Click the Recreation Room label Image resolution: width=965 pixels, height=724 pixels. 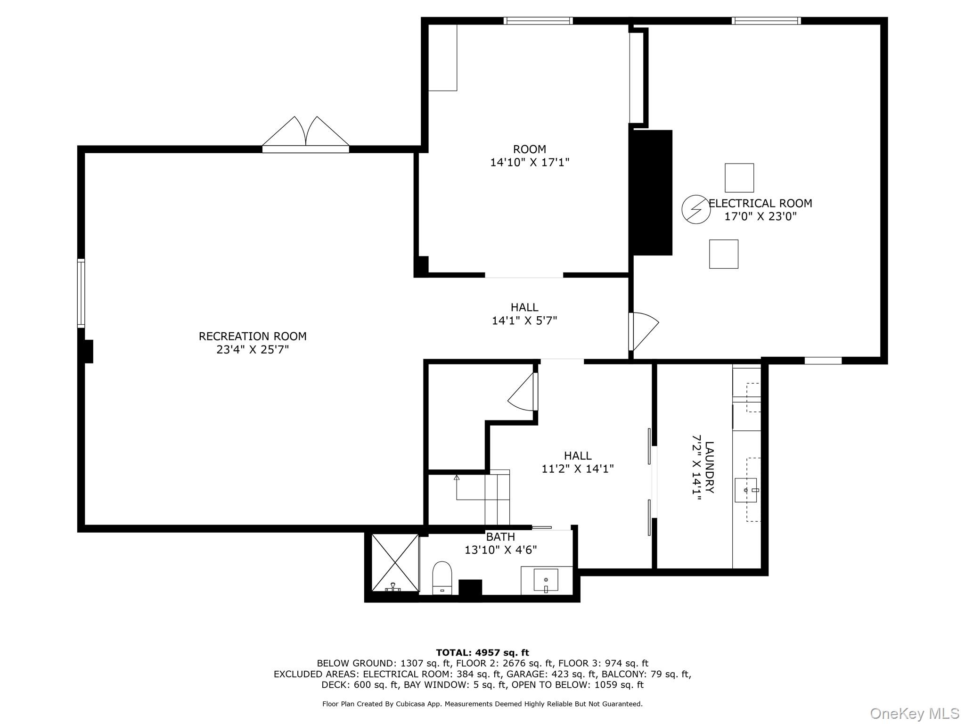(253, 337)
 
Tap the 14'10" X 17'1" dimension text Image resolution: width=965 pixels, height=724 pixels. (530, 163)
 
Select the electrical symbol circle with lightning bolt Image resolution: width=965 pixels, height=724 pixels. (696, 209)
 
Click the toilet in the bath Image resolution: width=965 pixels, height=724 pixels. (442, 577)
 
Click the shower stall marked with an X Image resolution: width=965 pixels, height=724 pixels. (395, 563)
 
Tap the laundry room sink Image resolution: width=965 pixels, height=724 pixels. (746, 490)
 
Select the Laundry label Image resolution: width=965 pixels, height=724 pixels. (709, 467)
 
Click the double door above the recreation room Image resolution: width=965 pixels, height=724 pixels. (306, 134)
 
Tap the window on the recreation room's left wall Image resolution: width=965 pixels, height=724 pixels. (81, 293)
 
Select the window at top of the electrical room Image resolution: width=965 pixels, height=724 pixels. (766, 21)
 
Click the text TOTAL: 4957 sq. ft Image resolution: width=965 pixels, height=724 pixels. (482, 653)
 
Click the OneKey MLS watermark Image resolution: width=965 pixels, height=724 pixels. (915, 714)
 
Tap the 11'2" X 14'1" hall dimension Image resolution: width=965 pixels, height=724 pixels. (578, 469)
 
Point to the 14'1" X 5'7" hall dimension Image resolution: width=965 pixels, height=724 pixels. (524, 321)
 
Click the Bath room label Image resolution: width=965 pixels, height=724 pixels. (500, 537)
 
